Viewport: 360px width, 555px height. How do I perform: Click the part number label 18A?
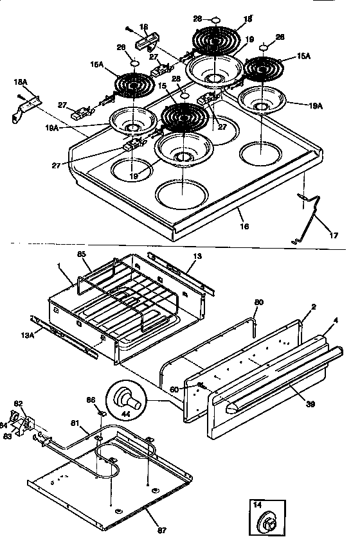click(21, 83)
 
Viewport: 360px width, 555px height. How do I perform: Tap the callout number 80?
click(258, 302)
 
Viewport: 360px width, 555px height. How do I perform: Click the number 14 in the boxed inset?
click(256, 505)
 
